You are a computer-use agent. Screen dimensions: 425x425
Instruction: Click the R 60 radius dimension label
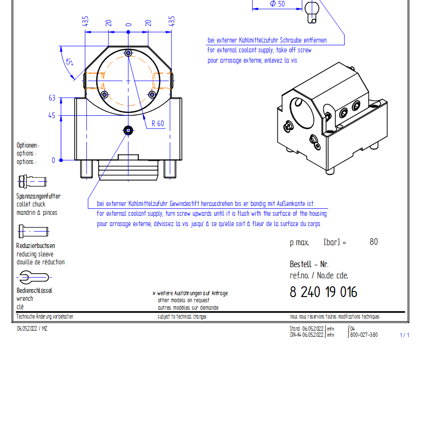point(158,124)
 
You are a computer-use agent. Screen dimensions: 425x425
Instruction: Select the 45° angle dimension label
point(70,62)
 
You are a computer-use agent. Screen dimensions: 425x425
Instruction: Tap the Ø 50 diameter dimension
point(277,4)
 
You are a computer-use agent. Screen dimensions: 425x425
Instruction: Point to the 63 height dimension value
point(52,98)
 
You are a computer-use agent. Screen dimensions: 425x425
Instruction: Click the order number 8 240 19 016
point(323,292)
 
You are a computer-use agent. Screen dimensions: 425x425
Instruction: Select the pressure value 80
point(374,242)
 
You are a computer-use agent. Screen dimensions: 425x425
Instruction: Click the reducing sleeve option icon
point(33,232)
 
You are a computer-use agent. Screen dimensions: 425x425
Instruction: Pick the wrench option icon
point(34,277)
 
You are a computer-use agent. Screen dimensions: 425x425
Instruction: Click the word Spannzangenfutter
point(38,196)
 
